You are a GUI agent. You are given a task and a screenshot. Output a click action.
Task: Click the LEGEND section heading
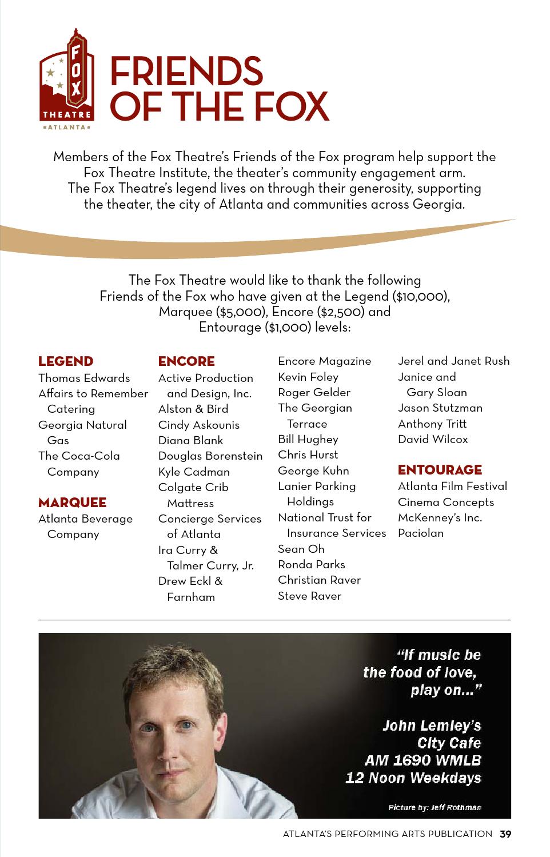pyautogui.click(x=66, y=361)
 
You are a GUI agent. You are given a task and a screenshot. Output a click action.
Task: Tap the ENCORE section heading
pyautogui.click(x=186, y=361)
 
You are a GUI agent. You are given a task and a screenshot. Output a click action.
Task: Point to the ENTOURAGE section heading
pyautogui.click(x=440, y=470)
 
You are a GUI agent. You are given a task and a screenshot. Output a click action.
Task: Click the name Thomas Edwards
pyautogui.click(x=84, y=378)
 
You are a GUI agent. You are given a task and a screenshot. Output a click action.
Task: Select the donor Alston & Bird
pyautogui.click(x=193, y=409)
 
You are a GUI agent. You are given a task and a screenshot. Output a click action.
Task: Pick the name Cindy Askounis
pyautogui.click(x=199, y=425)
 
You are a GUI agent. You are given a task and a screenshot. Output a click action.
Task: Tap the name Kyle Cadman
pyautogui.click(x=194, y=472)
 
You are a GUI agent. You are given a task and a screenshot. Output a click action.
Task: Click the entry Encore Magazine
pyautogui.click(x=324, y=361)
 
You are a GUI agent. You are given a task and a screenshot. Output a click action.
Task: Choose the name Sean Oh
pyautogui.click(x=301, y=549)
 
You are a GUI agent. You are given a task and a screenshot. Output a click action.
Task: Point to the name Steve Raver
pyautogui.click(x=309, y=596)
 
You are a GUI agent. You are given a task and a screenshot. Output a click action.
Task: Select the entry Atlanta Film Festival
pyautogui.click(x=452, y=486)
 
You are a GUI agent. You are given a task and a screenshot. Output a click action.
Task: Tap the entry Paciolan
pyautogui.click(x=421, y=533)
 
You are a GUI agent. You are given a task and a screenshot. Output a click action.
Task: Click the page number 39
pyautogui.click(x=505, y=834)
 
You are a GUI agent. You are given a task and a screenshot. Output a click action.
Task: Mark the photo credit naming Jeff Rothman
pyautogui.click(x=435, y=807)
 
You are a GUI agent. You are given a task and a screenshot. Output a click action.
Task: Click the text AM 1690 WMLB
pyautogui.click(x=423, y=760)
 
